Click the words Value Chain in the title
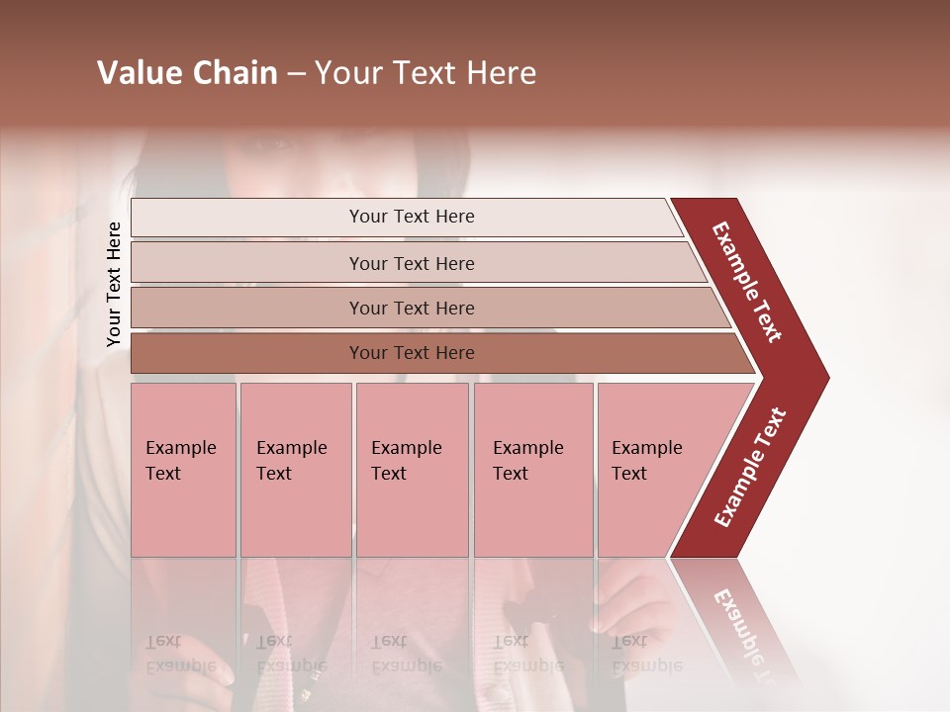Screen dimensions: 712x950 (187, 73)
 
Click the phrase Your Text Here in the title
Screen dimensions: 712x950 (426, 73)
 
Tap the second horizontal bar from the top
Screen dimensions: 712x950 (412, 263)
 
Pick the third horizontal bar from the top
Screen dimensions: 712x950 (412, 309)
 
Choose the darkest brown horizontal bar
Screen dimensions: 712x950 (412, 353)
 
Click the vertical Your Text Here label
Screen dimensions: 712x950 (114, 284)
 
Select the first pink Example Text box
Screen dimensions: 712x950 (183, 470)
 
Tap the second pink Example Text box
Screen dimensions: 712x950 (295, 470)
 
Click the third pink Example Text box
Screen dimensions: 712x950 (411, 470)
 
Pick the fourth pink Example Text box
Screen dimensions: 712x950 (532, 470)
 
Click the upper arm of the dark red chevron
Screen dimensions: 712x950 (747, 282)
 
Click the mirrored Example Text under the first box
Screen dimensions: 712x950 (180, 655)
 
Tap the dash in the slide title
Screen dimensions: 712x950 (296, 74)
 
